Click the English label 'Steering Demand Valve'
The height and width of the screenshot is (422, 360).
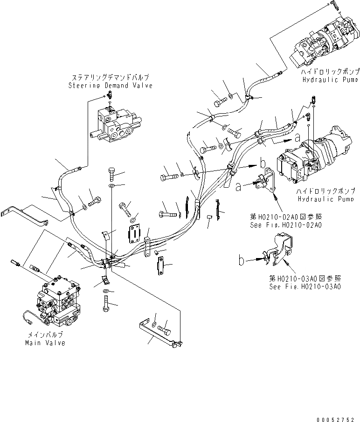point(110,86)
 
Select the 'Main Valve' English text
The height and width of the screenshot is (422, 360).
point(45,343)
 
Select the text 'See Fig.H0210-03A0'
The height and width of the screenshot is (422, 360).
point(305,286)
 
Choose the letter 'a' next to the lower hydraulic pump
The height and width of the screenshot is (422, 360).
point(297,137)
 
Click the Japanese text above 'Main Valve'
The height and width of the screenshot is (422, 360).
point(45,335)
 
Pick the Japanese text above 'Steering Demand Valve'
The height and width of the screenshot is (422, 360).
point(111,78)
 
